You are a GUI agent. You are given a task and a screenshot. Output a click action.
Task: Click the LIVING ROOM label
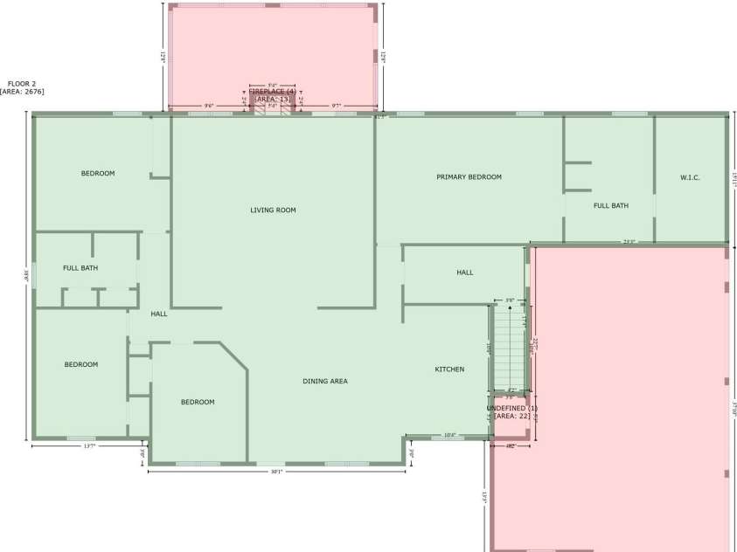tap(273, 210)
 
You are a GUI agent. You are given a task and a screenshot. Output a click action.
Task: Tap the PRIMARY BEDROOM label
tap(469, 177)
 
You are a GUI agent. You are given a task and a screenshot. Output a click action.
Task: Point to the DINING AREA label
tap(325, 381)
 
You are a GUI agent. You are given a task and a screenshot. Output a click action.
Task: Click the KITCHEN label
tap(449, 369)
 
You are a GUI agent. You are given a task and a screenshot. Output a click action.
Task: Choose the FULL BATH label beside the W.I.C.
tap(611, 206)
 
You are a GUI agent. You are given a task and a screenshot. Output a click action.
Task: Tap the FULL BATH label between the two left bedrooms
tap(80, 267)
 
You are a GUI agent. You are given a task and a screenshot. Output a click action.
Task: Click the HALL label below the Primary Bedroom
tap(465, 273)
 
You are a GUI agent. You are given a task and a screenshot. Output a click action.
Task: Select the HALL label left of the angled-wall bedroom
tap(159, 314)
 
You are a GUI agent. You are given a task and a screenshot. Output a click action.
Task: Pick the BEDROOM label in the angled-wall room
tap(198, 402)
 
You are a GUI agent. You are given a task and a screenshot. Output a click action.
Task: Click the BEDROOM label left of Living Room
tap(98, 173)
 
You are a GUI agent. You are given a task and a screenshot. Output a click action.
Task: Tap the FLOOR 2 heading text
tap(22, 84)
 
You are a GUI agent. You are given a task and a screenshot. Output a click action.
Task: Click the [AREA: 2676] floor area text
tap(23, 92)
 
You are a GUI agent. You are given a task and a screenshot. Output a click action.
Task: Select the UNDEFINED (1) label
tap(512, 408)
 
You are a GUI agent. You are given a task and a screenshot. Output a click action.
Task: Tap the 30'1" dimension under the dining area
tap(276, 472)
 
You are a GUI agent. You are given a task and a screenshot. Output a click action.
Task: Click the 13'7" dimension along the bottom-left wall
tap(88, 446)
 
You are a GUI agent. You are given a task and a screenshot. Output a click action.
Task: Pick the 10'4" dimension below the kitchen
tap(450, 435)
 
